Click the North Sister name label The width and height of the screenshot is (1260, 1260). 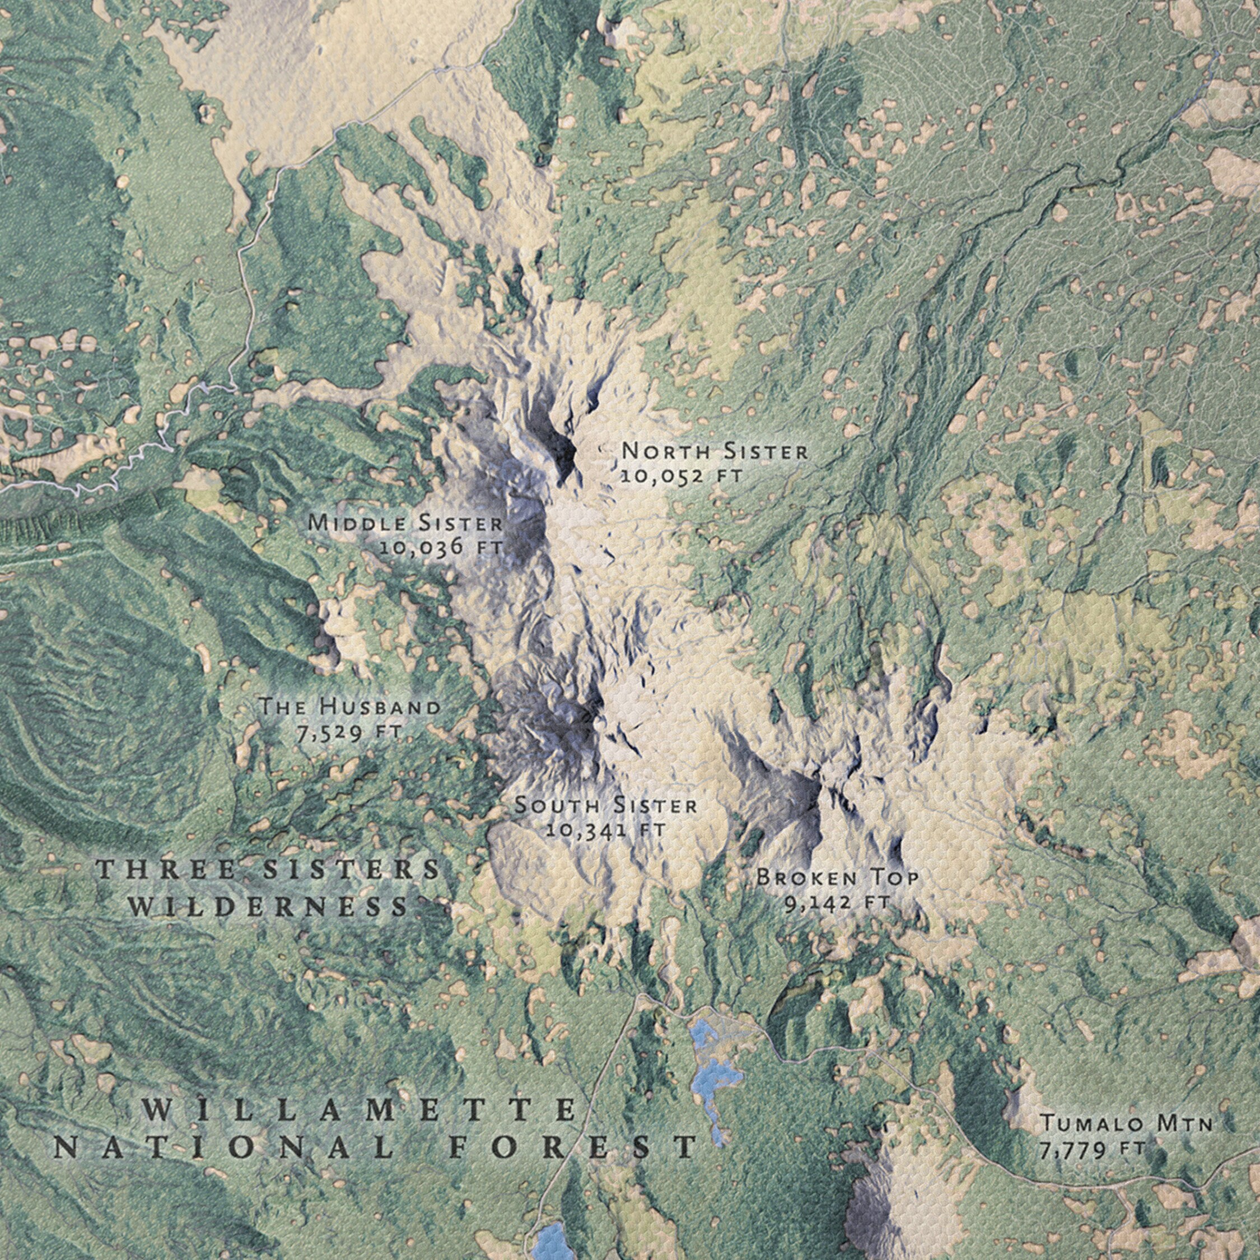coord(714,451)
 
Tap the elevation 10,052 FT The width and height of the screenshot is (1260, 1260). coord(681,476)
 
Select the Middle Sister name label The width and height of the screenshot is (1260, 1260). coord(405,522)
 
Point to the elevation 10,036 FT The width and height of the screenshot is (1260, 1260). coord(441,547)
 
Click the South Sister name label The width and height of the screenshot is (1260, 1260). coord(606,805)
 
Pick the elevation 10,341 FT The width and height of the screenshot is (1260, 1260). coord(606,830)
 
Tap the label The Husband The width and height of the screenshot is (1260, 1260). coord(349,706)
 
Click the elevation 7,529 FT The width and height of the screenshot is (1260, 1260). coord(349,732)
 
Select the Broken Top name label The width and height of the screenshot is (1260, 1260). coord(837,878)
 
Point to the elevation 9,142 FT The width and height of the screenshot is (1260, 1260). coord(837,903)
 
